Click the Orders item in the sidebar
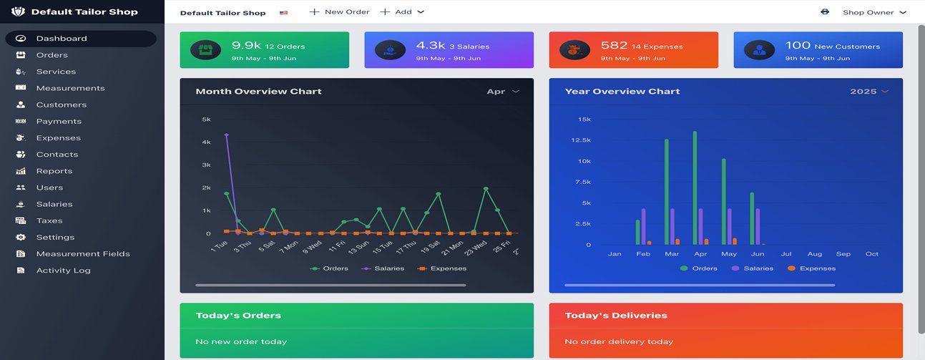52,55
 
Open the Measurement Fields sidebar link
83,254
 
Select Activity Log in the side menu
63,271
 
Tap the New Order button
339,12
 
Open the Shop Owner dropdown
874,12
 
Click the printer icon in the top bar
825,12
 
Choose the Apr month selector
502,92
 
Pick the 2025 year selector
869,92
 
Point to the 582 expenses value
614,46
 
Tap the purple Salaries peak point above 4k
226,135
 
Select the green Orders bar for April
695,188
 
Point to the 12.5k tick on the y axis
580,140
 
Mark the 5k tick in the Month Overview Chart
206,120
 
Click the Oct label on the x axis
871,254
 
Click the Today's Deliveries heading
615,316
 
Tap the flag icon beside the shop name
284,13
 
